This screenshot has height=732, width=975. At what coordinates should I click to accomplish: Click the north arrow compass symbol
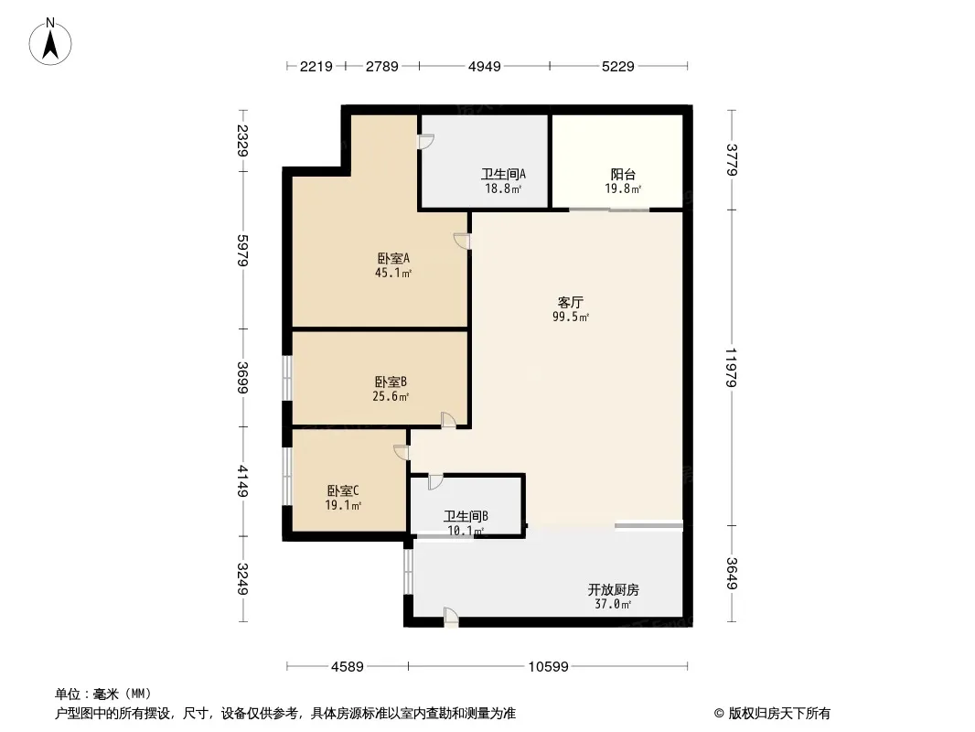click(50, 42)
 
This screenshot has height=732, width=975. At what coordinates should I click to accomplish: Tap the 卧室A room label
click(393, 258)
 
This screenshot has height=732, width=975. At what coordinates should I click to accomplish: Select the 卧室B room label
click(391, 382)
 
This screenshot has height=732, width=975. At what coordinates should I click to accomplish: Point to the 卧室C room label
click(343, 490)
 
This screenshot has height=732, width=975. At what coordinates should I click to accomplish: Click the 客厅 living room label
click(570, 302)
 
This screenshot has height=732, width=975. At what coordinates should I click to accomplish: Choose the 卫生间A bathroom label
click(503, 174)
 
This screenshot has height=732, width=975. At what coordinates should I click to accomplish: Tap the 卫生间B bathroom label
click(466, 516)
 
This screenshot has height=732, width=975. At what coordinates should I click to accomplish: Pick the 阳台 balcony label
click(623, 174)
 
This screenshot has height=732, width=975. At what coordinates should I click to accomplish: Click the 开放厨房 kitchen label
click(613, 589)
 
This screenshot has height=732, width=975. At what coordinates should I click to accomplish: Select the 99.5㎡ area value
click(571, 317)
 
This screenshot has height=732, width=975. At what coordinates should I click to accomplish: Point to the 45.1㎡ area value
click(393, 273)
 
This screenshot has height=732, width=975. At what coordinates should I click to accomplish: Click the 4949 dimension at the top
click(485, 66)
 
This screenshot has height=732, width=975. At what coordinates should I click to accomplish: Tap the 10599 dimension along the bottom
click(549, 667)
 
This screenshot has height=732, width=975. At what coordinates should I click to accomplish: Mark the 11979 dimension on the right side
click(732, 368)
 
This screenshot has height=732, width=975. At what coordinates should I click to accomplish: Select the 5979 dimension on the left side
click(242, 251)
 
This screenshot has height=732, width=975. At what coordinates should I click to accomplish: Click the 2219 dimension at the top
click(316, 66)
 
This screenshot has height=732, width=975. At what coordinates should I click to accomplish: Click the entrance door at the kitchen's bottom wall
click(451, 618)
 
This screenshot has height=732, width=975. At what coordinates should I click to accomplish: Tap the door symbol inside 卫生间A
click(425, 142)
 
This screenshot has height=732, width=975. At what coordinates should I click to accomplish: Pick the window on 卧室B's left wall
click(286, 378)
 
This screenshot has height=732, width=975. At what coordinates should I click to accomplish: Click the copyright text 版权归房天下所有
click(779, 714)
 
